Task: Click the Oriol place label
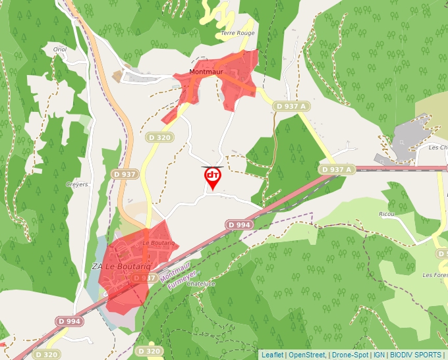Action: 60,49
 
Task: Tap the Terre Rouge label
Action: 237,33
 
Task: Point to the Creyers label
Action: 77,185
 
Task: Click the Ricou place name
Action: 387,215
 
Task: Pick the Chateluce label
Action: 202,284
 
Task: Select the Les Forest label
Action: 435,274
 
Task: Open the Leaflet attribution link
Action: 272,355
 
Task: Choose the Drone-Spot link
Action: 350,355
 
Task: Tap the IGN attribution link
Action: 379,355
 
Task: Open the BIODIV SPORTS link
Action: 416,355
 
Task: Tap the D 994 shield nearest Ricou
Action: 239,224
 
